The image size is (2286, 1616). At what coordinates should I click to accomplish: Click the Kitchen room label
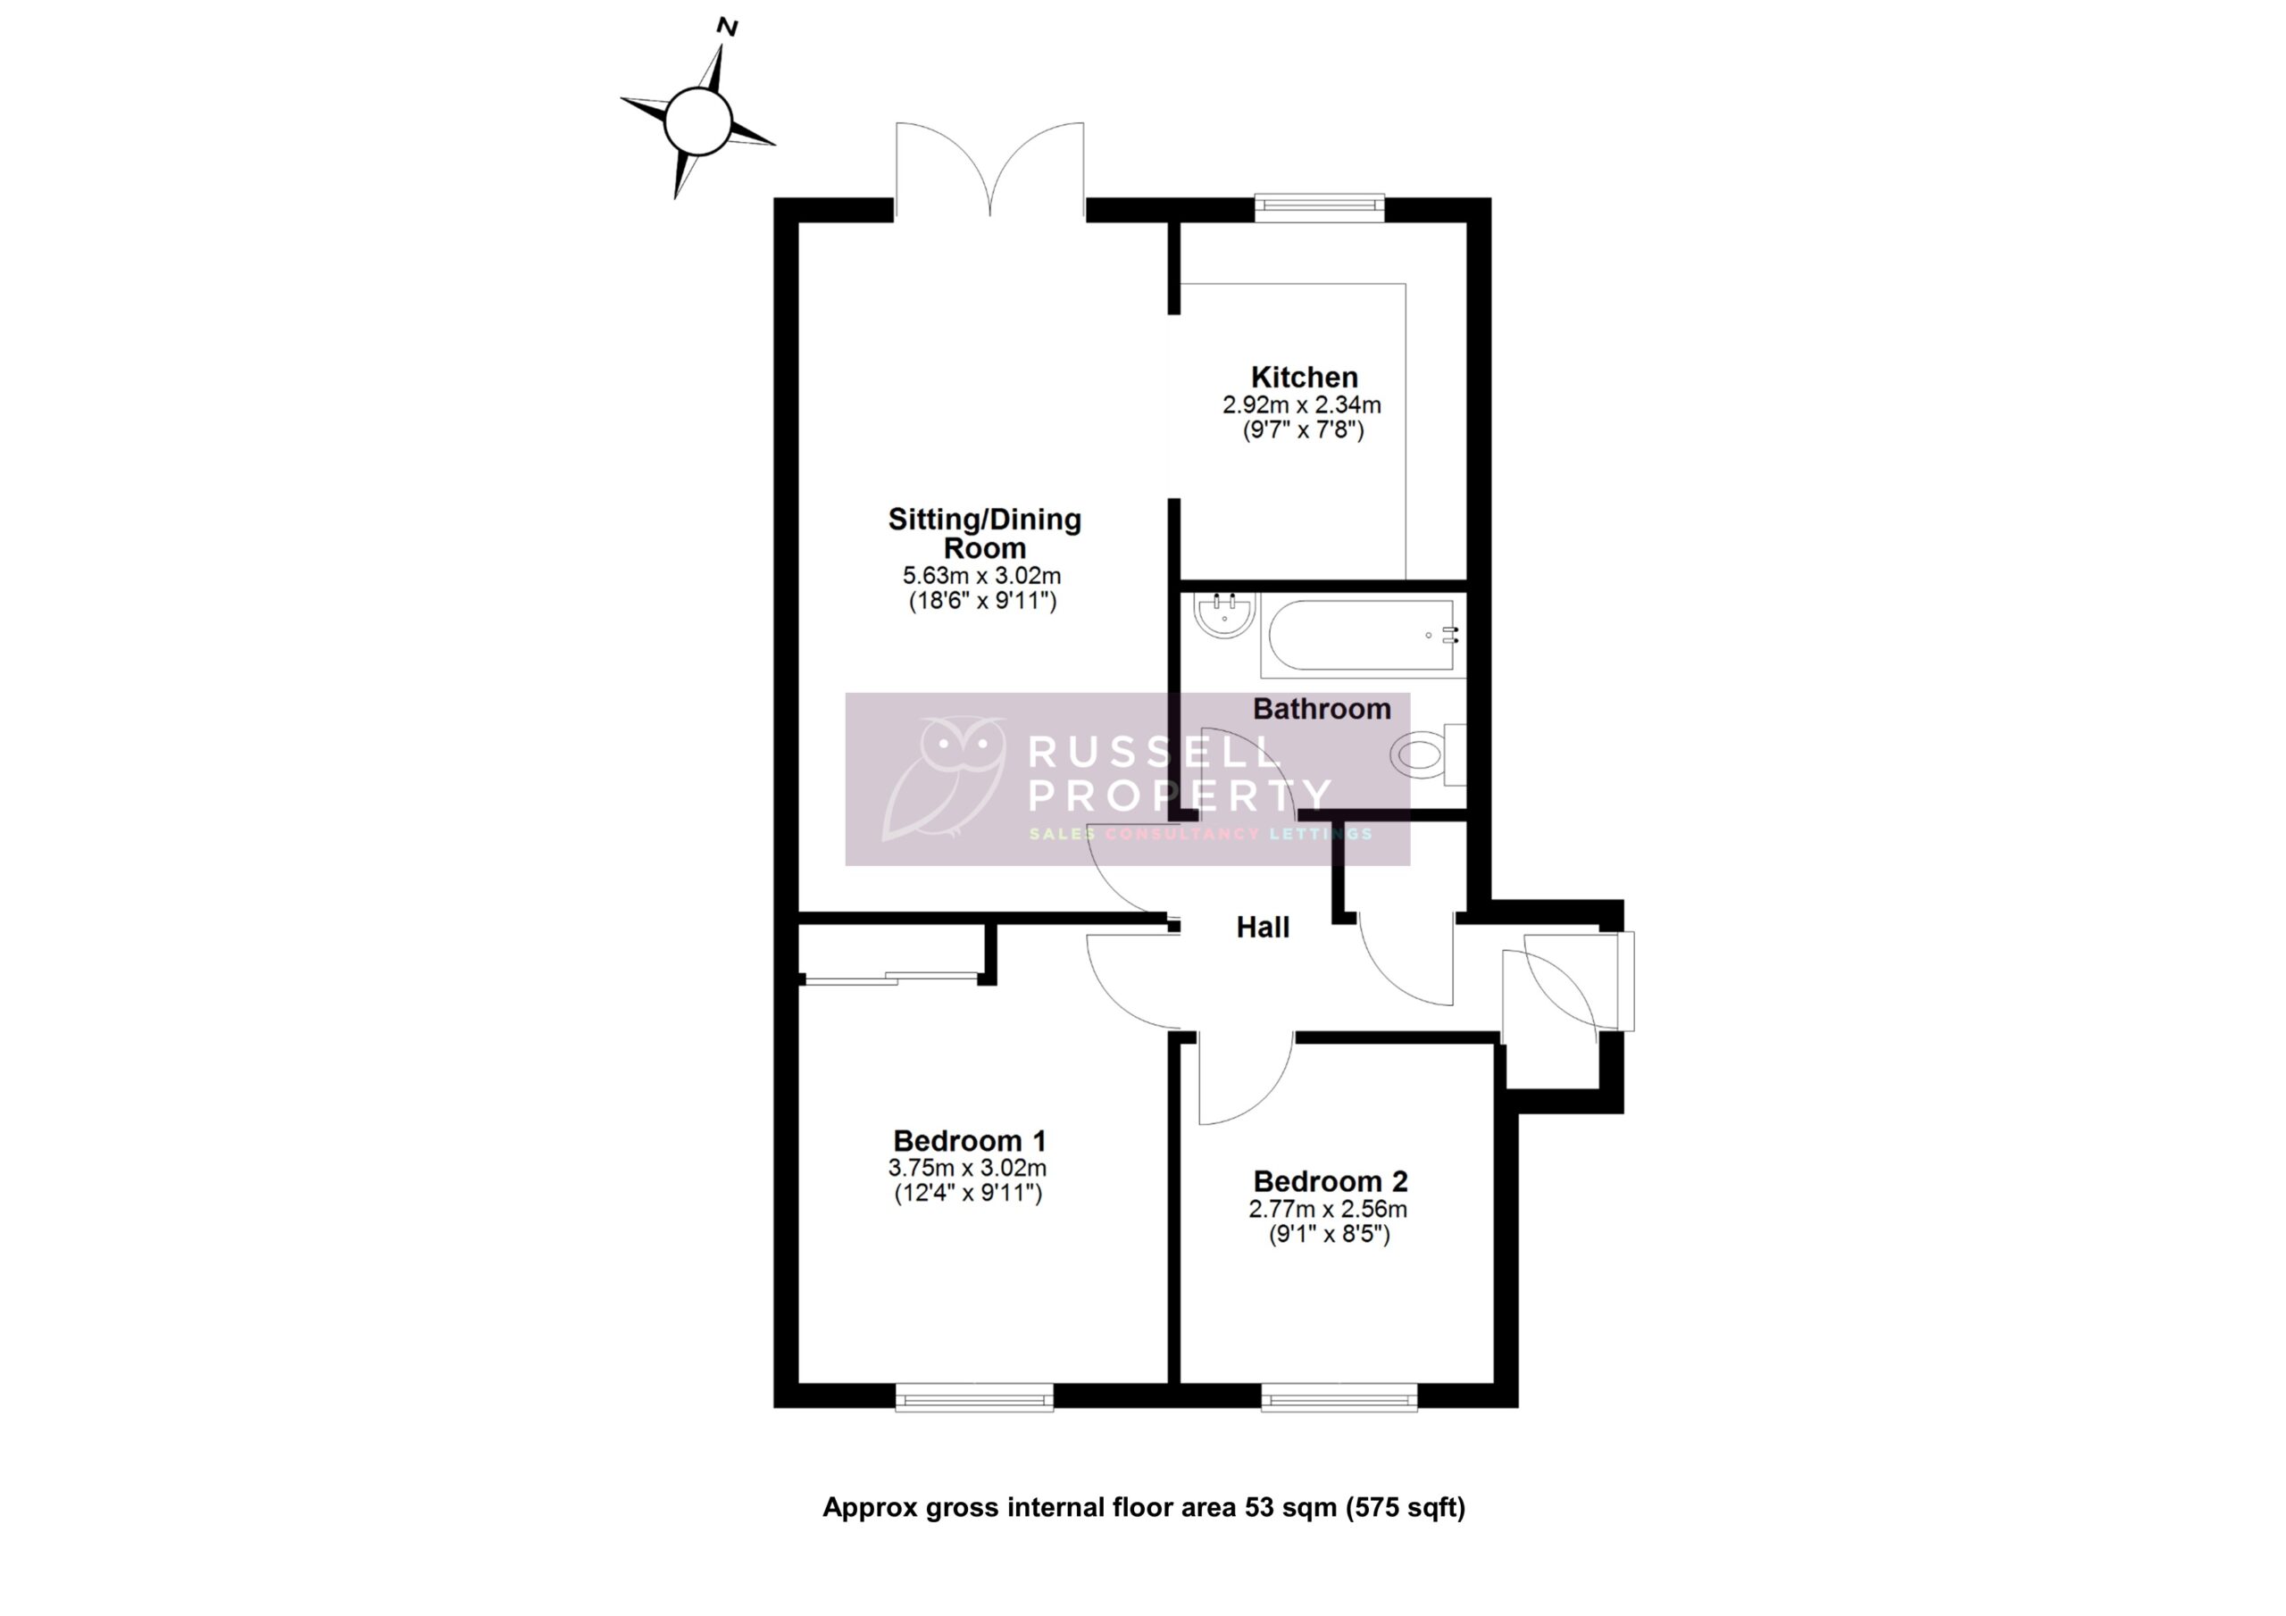1304,379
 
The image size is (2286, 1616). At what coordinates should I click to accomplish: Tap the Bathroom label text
1322,709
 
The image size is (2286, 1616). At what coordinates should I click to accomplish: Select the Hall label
1263,928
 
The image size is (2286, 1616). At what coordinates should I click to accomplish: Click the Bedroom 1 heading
969,1141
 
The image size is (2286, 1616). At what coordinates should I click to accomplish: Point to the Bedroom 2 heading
1331,1182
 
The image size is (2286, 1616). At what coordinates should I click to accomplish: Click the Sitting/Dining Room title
984,534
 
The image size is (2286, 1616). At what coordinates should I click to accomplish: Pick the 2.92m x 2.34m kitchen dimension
1301,405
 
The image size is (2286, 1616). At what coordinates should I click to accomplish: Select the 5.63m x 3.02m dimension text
981,576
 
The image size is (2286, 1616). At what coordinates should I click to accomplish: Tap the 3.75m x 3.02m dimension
967,1168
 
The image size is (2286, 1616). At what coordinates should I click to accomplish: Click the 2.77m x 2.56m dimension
1328,1210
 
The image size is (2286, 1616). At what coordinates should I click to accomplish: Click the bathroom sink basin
1223,616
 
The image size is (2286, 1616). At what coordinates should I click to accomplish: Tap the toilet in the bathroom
1426,754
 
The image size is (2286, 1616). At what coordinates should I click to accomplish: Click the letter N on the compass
727,28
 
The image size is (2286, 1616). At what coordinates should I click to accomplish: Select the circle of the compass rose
698,121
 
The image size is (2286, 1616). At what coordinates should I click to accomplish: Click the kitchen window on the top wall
1319,207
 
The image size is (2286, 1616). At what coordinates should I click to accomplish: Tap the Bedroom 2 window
1339,1397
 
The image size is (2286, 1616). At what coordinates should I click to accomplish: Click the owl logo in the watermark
944,777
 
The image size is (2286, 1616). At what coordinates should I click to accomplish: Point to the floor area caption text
1143,1509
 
